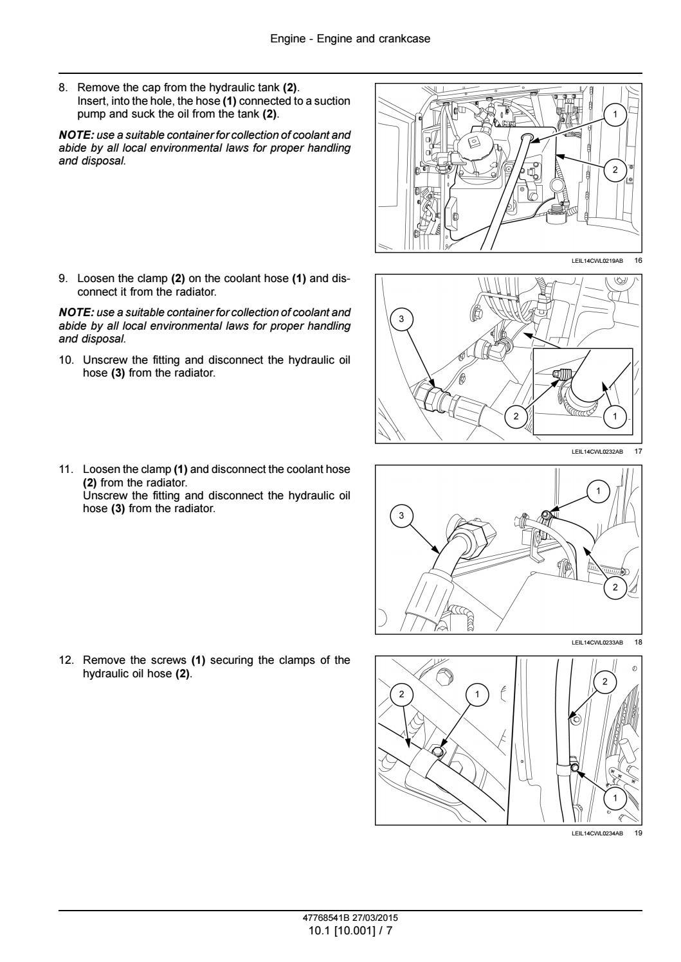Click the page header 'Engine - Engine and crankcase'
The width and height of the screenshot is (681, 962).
pyautogui.click(x=350, y=39)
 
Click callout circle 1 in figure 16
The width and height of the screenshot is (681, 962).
pyautogui.click(x=615, y=115)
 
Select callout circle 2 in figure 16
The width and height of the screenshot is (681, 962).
pyautogui.click(x=615, y=170)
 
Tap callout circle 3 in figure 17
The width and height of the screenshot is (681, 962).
pyautogui.click(x=402, y=319)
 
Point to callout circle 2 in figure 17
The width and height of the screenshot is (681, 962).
pyautogui.click(x=515, y=417)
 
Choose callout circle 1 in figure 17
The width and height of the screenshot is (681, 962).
pyautogui.click(x=615, y=417)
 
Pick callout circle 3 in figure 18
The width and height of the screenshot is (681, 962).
pyautogui.click(x=402, y=515)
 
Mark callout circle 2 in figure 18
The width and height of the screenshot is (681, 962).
pyautogui.click(x=615, y=587)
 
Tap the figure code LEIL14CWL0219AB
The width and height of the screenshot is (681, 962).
pyautogui.click(x=597, y=261)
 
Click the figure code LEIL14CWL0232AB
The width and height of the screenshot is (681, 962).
pyautogui.click(x=597, y=452)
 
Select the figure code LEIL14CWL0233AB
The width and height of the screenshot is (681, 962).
pyautogui.click(x=597, y=642)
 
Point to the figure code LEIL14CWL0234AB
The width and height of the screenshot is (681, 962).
pyautogui.click(x=597, y=833)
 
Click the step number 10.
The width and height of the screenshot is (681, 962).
pyautogui.click(x=66, y=360)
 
